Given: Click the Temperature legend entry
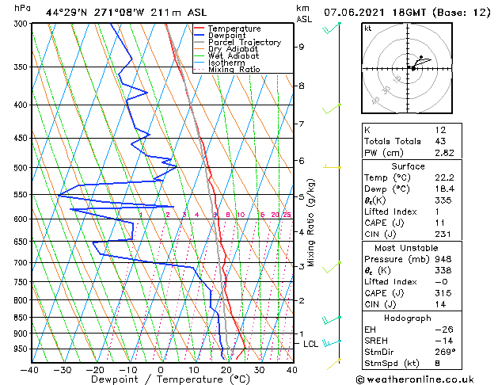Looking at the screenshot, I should click(x=234, y=29).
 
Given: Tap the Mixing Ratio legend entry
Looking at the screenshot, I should click(x=234, y=70).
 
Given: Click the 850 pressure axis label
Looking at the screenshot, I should click(x=19, y=318).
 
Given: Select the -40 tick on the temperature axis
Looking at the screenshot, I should click(x=30, y=369).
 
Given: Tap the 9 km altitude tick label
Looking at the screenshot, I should click(x=301, y=47).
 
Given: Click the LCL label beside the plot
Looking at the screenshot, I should click(x=310, y=344).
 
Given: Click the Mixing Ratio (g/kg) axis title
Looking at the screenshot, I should click(x=312, y=223).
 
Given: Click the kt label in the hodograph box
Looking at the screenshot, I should click(x=367, y=29).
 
